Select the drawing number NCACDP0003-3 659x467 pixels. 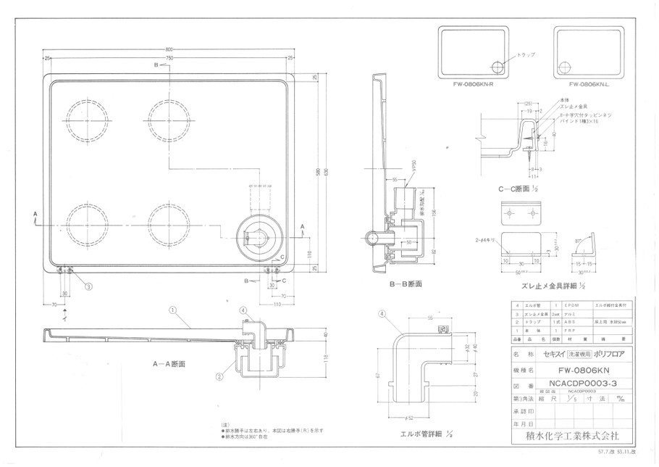point(572,386)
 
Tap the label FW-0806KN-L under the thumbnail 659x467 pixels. point(587,85)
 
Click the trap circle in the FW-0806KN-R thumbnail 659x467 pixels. point(498,67)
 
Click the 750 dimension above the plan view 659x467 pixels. point(168,57)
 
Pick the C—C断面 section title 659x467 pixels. point(516,189)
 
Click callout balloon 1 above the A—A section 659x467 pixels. point(172,310)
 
